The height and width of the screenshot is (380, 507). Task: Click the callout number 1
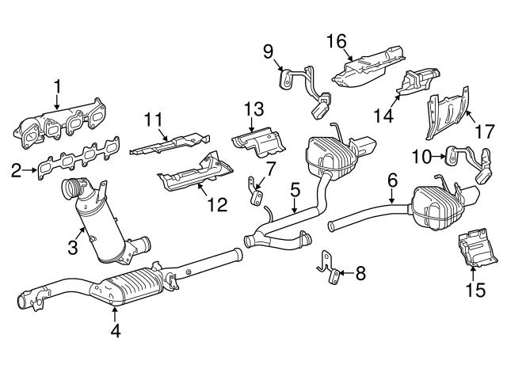coord(57,84)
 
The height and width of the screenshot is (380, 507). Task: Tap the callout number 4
coord(116,332)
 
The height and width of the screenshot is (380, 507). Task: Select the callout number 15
coord(475,291)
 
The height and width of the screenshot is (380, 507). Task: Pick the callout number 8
coord(360,274)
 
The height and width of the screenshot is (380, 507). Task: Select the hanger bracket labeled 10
coord(468,158)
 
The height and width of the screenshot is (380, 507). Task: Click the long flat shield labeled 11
coord(166,145)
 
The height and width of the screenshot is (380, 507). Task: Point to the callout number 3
coord(72,248)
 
